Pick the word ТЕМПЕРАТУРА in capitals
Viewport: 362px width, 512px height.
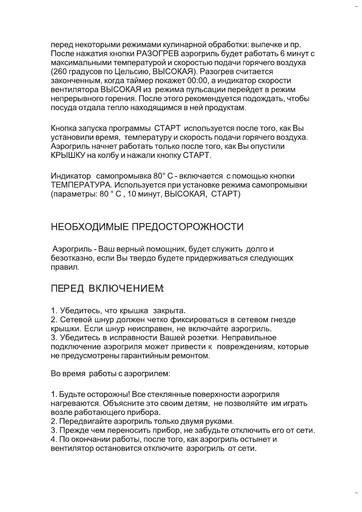[81, 185]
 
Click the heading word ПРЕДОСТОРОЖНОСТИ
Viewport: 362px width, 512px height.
[187, 227]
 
